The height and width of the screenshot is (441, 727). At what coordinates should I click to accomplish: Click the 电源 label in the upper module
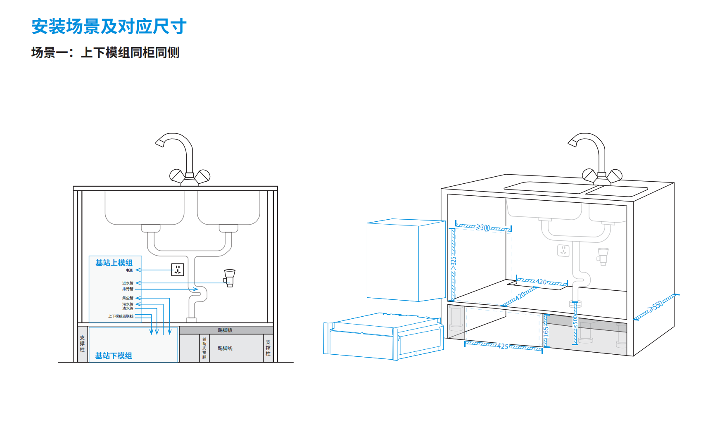129,270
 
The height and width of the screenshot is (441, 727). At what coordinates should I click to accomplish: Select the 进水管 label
128,283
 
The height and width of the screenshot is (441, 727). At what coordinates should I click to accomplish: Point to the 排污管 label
128,289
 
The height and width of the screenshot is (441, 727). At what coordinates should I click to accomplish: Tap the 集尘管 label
128,298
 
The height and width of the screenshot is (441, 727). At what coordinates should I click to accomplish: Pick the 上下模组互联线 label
121,316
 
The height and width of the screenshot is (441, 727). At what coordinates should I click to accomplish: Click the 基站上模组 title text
114,263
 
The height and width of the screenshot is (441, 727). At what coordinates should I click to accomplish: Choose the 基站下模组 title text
114,356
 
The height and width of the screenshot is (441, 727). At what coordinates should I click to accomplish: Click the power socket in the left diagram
178,270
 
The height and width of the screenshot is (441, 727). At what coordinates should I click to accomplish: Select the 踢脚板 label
225,330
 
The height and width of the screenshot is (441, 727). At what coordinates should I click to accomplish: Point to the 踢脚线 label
225,349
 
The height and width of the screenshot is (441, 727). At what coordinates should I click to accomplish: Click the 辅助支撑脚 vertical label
204,348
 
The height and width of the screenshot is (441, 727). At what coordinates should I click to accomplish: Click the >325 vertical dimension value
453,263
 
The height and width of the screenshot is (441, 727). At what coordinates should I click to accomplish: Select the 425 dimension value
503,346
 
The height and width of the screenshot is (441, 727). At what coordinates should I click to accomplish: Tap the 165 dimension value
546,331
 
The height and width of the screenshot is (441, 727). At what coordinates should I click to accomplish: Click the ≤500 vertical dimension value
575,322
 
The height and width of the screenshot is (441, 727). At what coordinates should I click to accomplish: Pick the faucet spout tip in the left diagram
159,143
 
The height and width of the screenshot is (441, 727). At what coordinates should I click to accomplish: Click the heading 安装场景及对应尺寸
109,27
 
